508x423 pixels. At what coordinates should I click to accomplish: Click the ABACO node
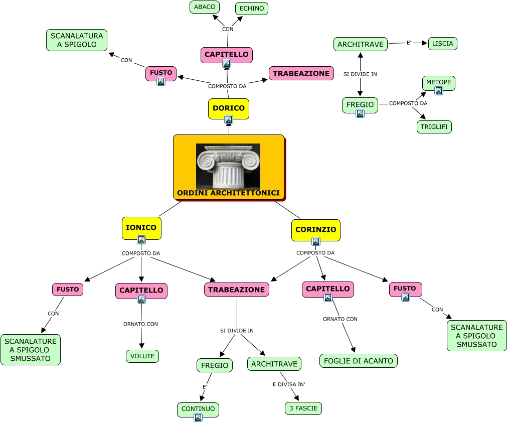click(205, 7)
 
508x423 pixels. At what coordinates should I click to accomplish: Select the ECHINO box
click(252, 9)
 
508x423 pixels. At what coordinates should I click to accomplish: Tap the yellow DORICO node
click(229, 108)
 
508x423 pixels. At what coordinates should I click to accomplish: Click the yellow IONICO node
click(141, 228)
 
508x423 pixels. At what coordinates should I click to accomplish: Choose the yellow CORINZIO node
click(316, 230)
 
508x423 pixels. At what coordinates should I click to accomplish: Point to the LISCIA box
click(443, 44)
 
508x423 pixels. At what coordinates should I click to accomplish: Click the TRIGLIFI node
click(434, 127)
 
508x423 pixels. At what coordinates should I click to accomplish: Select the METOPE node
click(439, 82)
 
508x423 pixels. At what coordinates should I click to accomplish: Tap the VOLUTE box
click(142, 356)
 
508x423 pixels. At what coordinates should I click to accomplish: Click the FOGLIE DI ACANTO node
click(359, 361)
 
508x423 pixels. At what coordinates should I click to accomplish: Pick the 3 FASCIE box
click(303, 408)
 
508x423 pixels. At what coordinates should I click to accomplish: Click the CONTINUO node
click(198, 409)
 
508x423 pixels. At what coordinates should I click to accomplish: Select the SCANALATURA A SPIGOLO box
click(77, 40)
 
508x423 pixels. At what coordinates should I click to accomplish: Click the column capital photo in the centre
click(228, 166)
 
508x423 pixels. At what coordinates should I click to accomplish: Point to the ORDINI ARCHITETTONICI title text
click(228, 193)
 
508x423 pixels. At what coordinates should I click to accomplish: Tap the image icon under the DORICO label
click(229, 119)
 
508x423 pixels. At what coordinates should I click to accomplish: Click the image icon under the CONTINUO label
click(198, 417)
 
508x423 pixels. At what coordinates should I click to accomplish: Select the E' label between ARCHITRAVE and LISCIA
click(409, 43)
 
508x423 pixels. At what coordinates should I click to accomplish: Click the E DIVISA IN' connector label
click(289, 384)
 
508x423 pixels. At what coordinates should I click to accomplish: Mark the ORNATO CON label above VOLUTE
click(140, 324)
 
